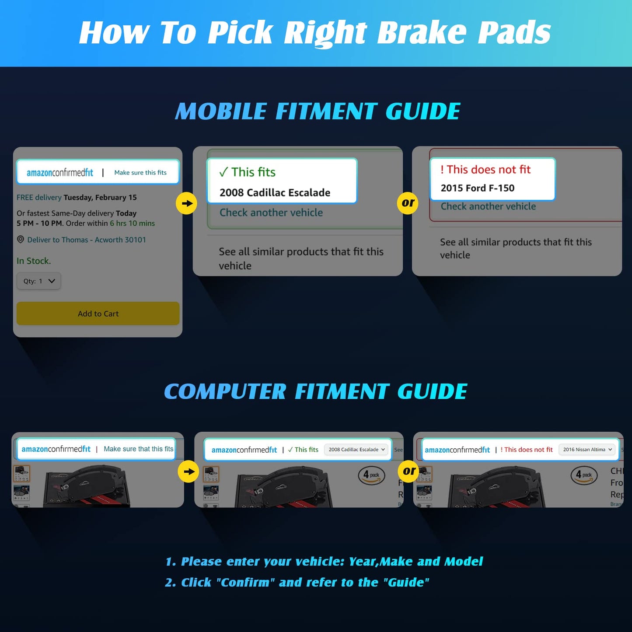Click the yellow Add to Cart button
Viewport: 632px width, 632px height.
coord(98,314)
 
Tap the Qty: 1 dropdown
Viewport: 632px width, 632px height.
coord(38,281)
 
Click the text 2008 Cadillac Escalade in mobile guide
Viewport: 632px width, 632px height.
coord(275,193)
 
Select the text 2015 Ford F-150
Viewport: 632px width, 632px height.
coord(477,188)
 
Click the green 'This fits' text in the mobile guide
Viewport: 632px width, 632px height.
coord(248,172)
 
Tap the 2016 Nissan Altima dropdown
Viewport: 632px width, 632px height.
coord(587,450)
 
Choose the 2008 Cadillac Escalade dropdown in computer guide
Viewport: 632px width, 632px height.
coord(356,450)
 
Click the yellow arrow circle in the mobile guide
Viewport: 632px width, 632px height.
coord(187,203)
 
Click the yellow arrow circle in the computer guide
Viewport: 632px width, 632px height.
coord(189,471)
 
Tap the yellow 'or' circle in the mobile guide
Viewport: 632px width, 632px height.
coord(408,203)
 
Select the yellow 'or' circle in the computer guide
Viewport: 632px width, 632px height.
coord(409,471)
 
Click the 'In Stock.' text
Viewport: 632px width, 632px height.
coord(34,261)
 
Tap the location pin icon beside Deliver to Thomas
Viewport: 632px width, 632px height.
coord(20,240)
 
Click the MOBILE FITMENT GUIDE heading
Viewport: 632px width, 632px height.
coord(318,111)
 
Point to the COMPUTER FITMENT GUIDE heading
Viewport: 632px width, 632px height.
coord(316,391)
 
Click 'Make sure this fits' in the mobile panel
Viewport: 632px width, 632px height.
coord(140,173)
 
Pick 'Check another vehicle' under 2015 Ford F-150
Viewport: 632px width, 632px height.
coord(488,206)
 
